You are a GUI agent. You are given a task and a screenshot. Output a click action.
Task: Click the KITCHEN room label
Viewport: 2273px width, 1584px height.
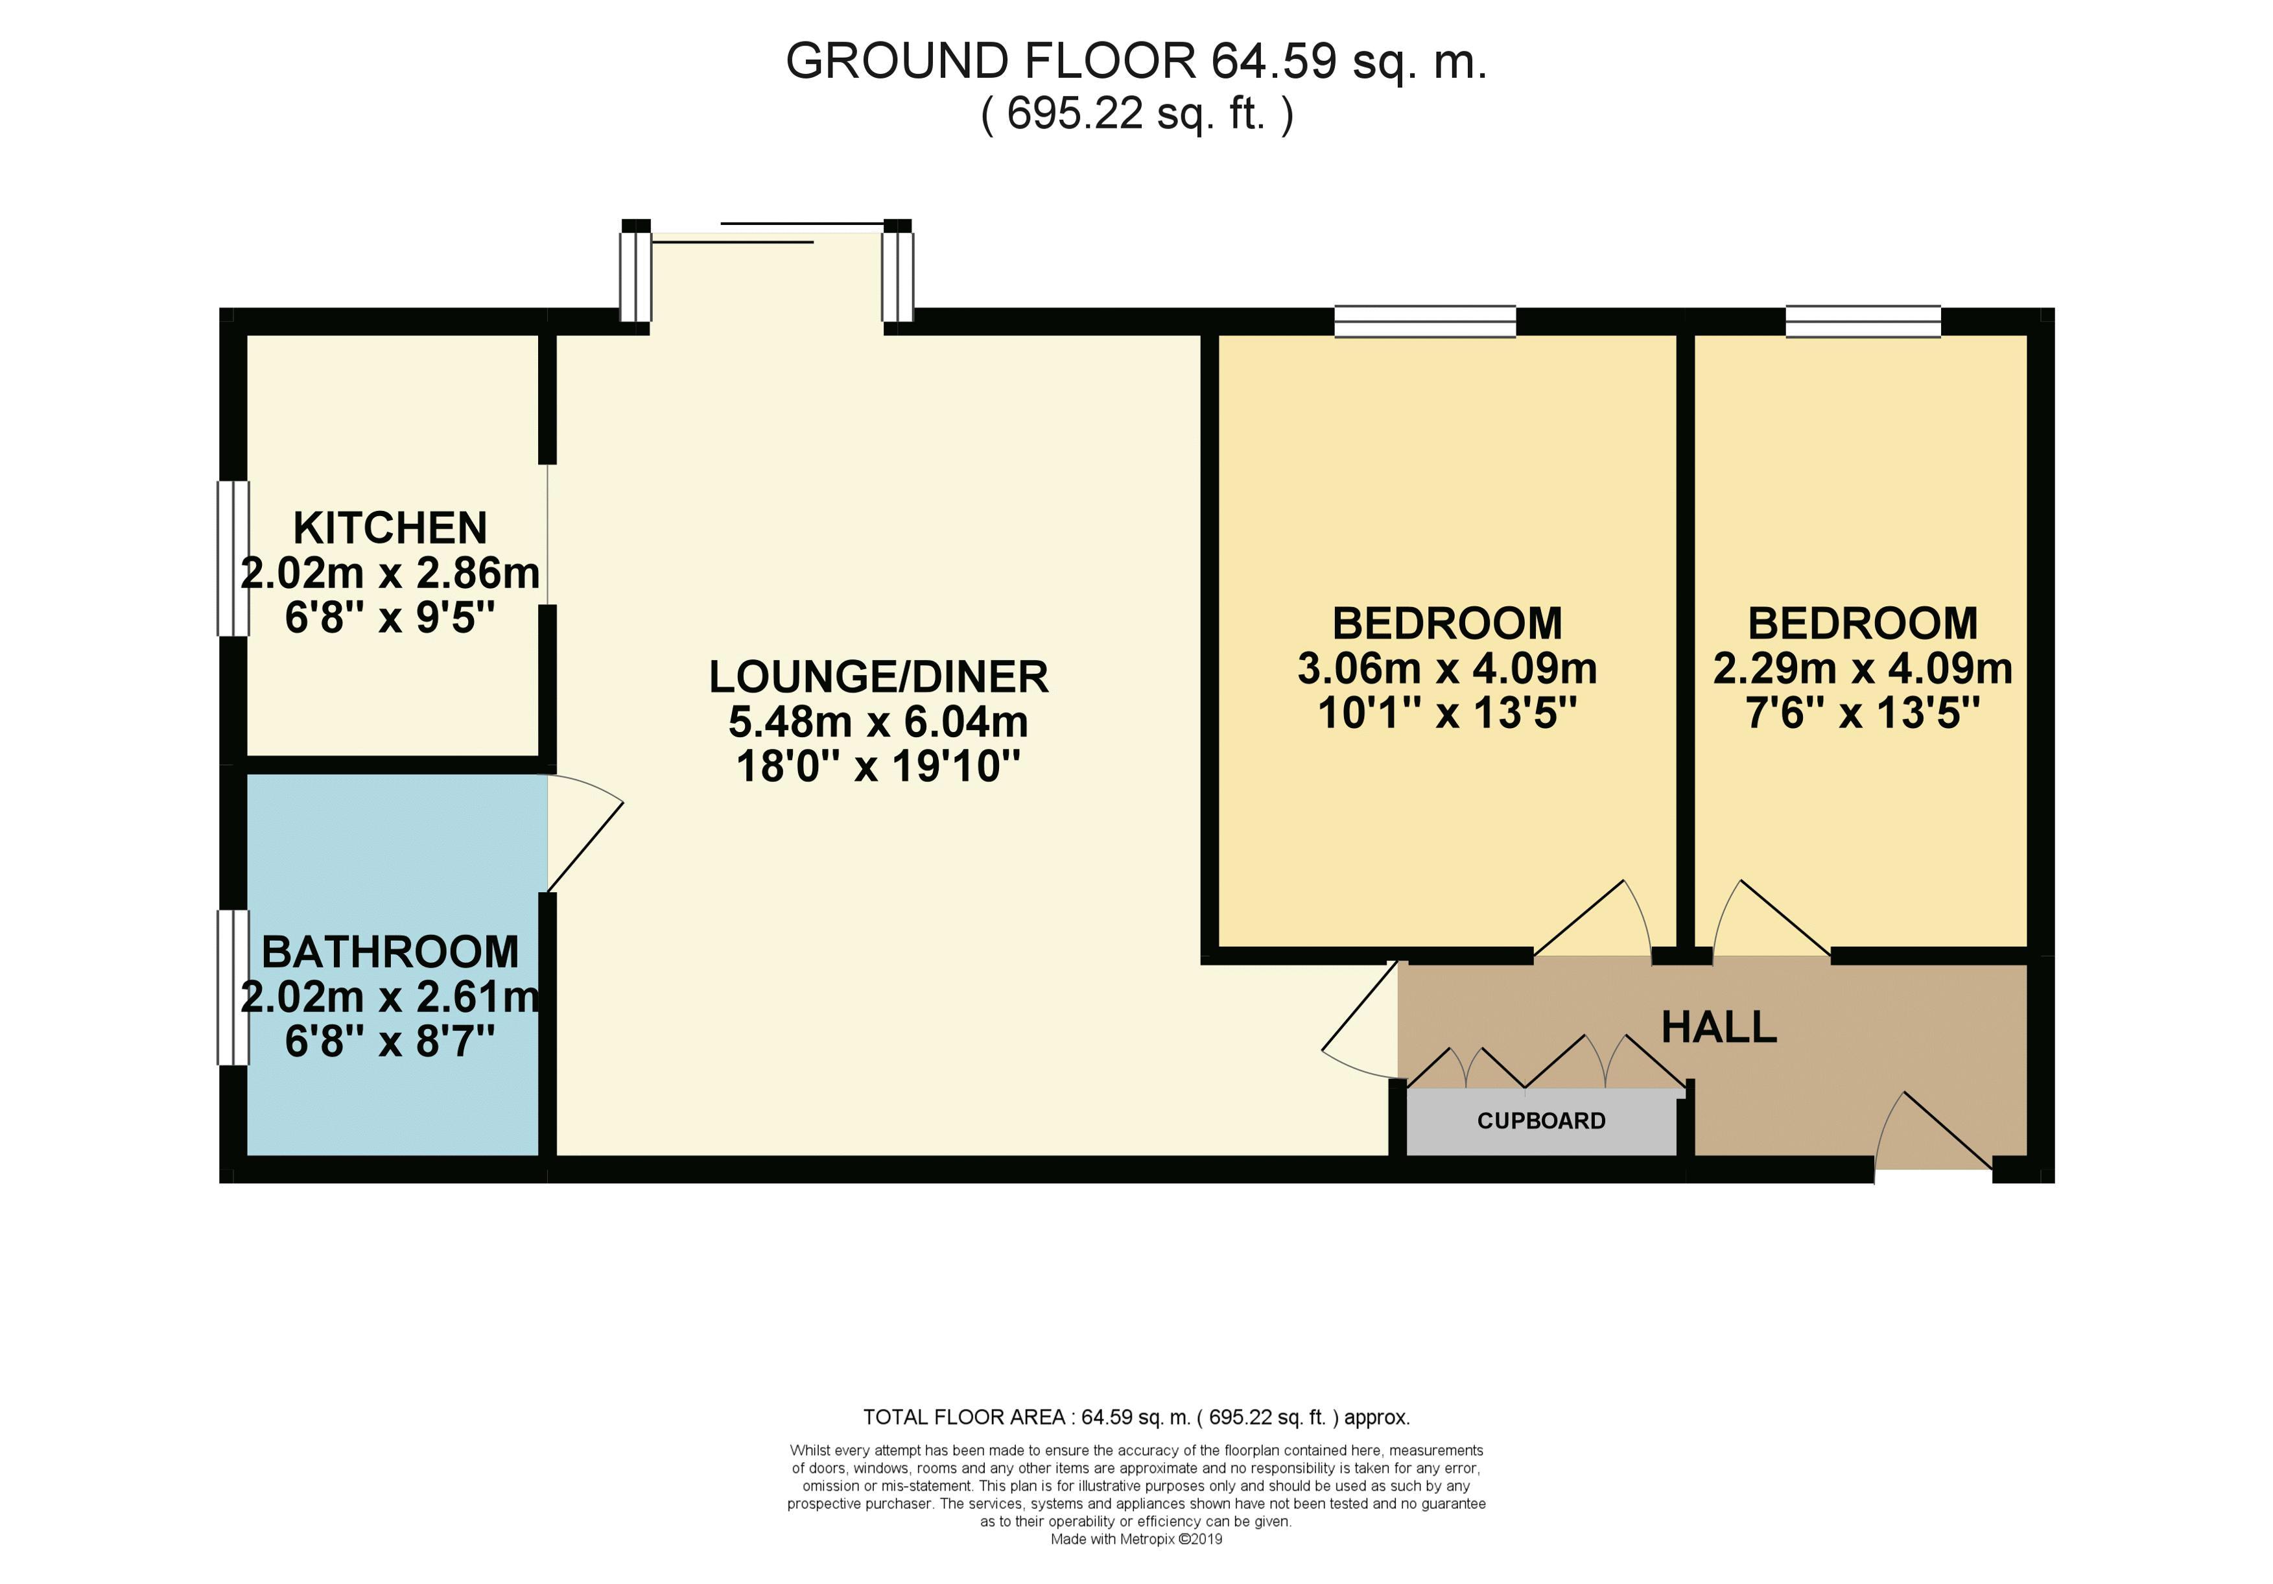click(390, 528)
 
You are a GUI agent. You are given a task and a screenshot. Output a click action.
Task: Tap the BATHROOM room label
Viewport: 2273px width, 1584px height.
click(390, 952)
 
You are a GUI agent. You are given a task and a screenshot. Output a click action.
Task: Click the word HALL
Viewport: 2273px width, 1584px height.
click(1719, 1028)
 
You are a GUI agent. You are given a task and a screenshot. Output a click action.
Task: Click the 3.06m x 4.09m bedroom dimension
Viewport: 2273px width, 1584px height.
click(1447, 669)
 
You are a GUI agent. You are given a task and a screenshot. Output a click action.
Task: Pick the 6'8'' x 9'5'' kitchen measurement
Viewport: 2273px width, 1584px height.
click(390, 619)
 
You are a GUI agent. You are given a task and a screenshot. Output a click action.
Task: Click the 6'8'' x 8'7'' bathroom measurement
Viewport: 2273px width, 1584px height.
click(390, 1041)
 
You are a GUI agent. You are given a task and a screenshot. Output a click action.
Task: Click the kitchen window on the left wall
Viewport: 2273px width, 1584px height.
click(233, 558)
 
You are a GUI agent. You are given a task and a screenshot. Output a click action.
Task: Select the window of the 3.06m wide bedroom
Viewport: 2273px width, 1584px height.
click(1426, 322)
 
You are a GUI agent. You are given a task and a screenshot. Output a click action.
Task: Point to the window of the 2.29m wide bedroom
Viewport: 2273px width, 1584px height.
click(1863, 322)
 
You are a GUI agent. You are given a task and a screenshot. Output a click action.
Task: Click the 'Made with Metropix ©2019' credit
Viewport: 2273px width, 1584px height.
click(1136, 1539)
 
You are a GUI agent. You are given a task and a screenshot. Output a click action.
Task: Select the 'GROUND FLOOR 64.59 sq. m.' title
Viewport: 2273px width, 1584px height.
click(1136, 62)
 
